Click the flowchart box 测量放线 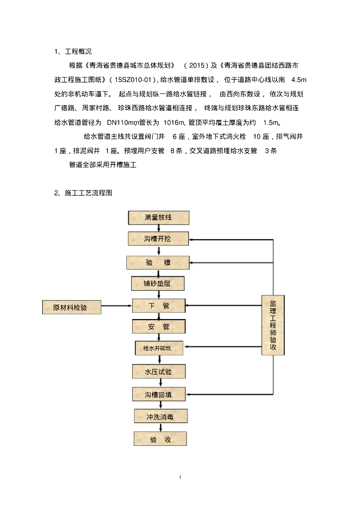159,217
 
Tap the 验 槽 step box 158,262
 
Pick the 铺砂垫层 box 158,283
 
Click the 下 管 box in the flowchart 159,306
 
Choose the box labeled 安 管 159,327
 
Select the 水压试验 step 159,371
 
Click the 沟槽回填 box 159,394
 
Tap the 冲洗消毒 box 160,417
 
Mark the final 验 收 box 160,439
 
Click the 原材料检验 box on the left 71,307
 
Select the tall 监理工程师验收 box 273,325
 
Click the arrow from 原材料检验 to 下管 117,307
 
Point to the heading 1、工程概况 73,51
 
